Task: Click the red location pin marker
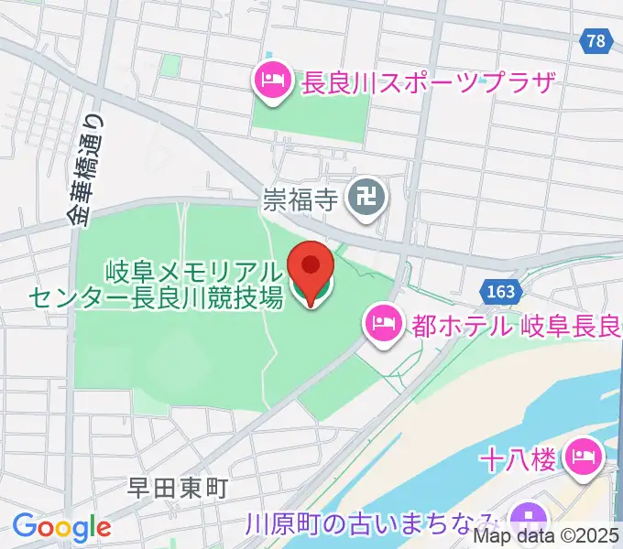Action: pyautogui.click(x=311, y=267)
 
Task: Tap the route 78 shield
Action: pyautogui.click(x=596, y=41)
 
